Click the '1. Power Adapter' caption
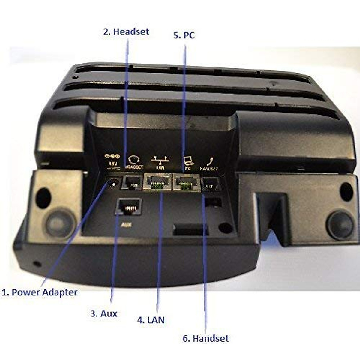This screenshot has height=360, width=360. (x=40, y=292)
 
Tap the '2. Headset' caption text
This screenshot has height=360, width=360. (x=126, y=31)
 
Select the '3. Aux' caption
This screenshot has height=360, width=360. (x=104, y=314)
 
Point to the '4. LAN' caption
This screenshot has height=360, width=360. (x=151, y=320)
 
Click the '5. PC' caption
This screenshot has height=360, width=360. (x=184, y=35)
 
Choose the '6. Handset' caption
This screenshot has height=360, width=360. (x=206, y=338)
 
